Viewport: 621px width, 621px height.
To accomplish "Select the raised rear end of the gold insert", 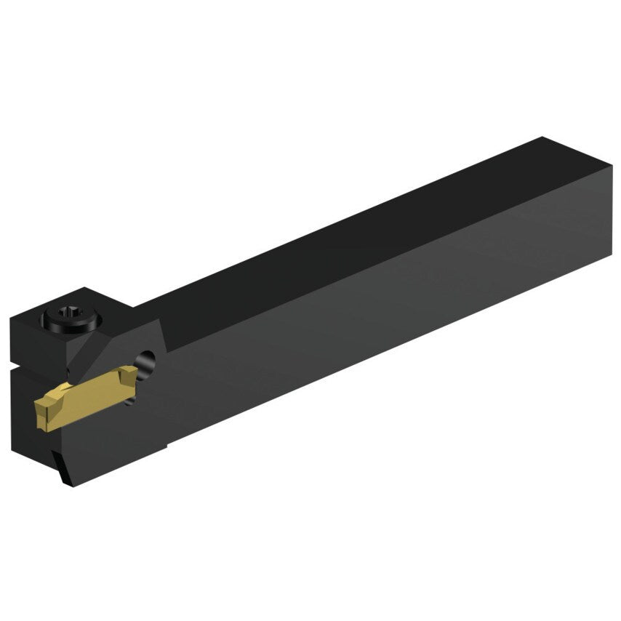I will coord(129,373).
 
